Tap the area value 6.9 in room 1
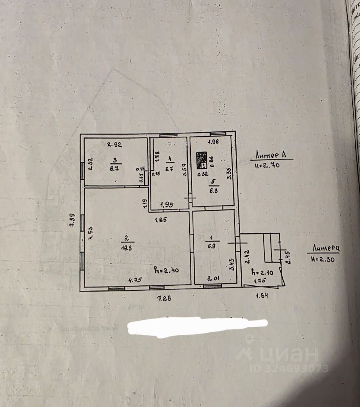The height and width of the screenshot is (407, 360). (211, 246)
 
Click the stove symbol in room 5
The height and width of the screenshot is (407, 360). (201, 160)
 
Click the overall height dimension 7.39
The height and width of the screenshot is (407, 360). (72, 221)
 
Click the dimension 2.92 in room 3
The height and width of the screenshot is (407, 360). (114, 145)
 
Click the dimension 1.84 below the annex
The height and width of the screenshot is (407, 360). (262, 296)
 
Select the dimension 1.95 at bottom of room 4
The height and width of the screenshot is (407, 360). (167, 205)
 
